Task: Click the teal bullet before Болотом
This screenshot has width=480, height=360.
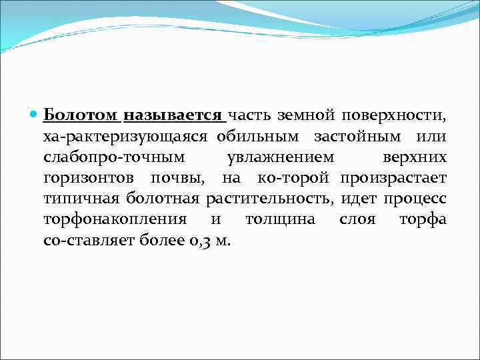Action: (35, 116)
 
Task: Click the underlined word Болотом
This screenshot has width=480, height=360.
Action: (82, 116)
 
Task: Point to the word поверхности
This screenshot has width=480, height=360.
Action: (394, 117)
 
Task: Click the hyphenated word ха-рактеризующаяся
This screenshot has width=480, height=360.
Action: (127, 137)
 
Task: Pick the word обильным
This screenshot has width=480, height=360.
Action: (262, 137)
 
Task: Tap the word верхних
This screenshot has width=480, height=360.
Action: (415, 157)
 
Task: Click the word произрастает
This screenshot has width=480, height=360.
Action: (393, 178)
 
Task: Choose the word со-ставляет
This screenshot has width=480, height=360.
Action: (89, 240)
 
